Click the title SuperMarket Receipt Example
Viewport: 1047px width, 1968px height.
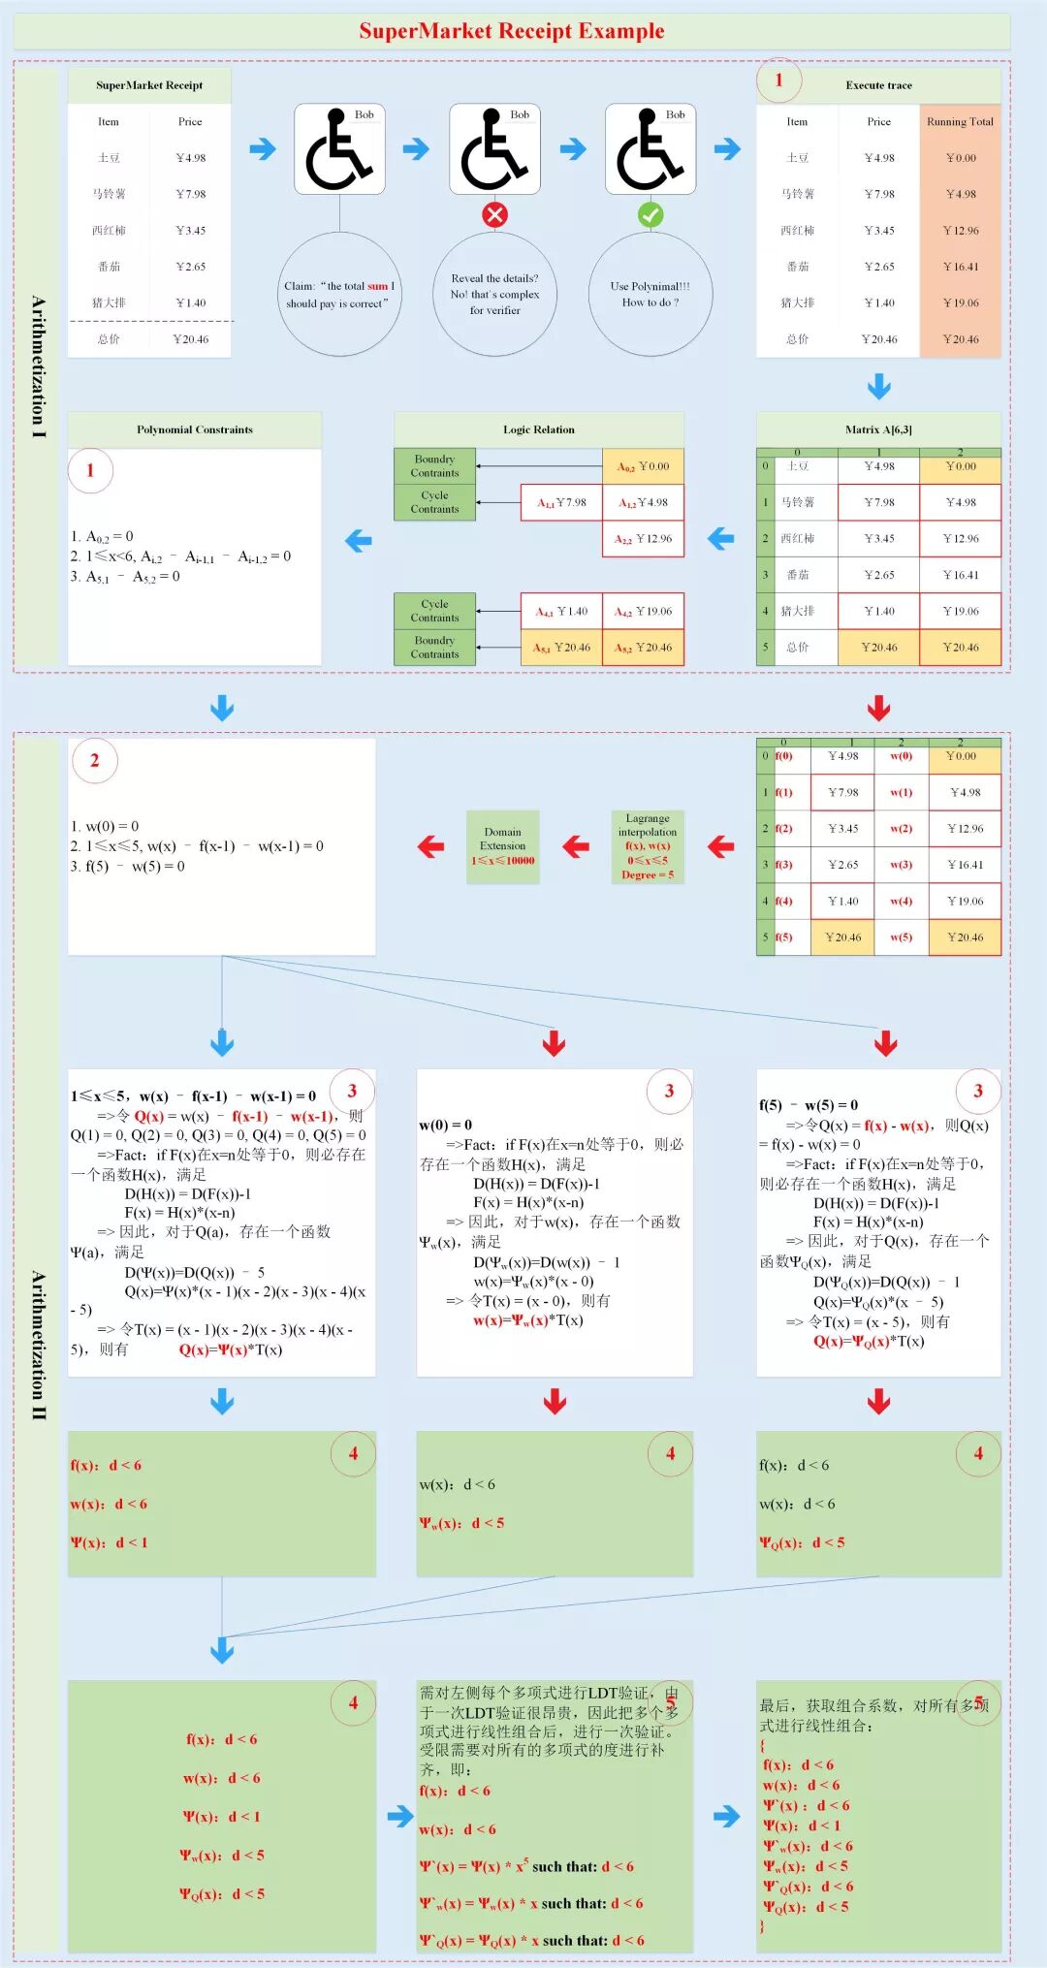512,31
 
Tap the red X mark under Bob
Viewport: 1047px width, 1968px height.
494,215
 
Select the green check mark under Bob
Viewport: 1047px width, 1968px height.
650,215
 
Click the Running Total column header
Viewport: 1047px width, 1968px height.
960,122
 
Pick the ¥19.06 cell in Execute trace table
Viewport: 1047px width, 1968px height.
961,302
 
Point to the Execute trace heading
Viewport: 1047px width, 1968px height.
878,85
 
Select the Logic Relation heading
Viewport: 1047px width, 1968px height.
538,429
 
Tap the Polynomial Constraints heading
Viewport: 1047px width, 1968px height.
194,429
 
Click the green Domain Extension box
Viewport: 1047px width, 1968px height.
502,846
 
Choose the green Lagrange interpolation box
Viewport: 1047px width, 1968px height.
648,846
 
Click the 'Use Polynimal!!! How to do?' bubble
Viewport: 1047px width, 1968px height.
650,294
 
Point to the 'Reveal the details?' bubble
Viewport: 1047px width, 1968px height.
494,294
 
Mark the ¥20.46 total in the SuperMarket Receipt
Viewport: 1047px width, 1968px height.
190,339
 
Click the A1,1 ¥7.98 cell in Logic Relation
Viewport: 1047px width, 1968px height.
561,502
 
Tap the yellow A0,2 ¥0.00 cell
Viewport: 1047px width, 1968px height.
643,466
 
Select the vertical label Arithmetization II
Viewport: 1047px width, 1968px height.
38,1345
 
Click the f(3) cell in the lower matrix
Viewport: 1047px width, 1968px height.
783,865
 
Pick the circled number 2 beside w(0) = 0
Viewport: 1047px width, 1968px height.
94,761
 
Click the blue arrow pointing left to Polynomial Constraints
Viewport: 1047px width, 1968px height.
359,540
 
